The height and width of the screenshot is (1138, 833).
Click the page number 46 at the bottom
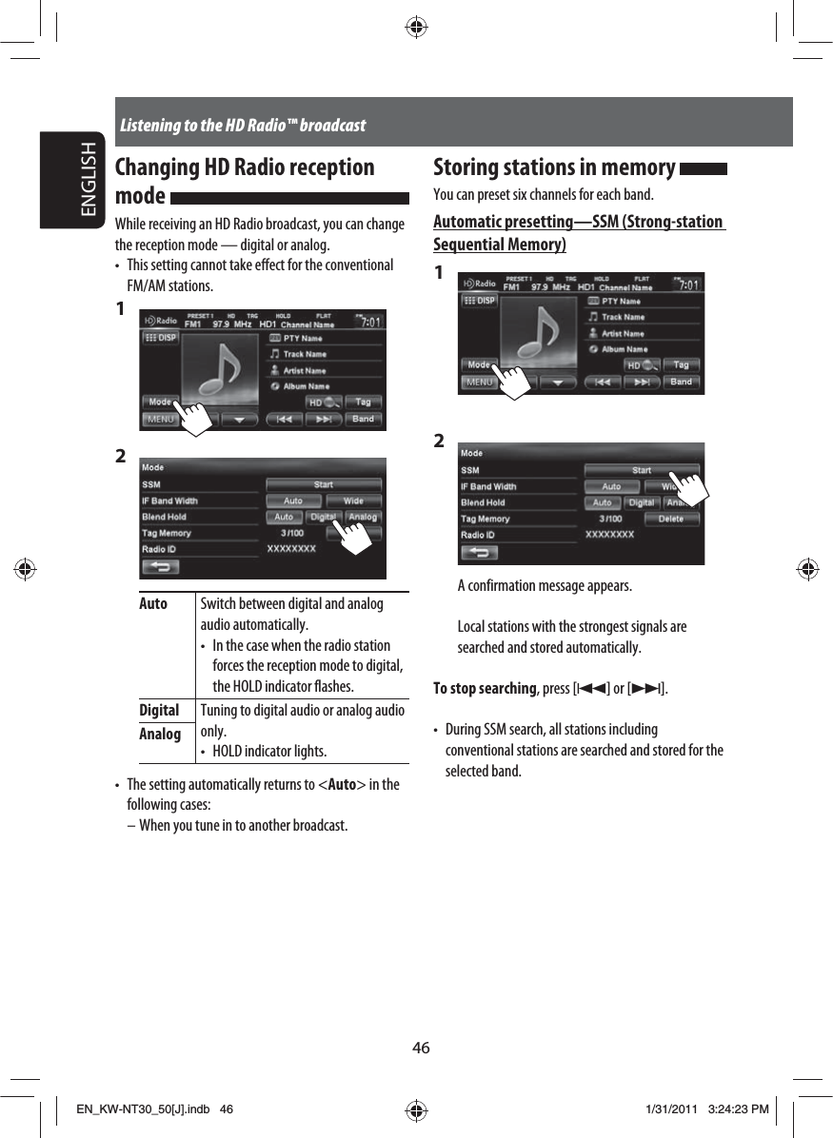[x=421, y=1048]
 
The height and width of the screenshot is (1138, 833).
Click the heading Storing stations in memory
[x=554, y=168]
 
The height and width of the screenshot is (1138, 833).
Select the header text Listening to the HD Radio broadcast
[x=243, y=126]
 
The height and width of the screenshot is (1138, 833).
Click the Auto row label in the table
[x=153, y=604]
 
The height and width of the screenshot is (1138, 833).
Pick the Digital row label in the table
[x=159, y=711]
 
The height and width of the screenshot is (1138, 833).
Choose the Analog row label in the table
[x=159, y=734]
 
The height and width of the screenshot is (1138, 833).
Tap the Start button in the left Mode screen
[x=324, y=484]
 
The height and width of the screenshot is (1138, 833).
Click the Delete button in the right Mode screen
[x=671, y=519]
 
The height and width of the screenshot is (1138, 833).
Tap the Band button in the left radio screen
[x=363, y=419]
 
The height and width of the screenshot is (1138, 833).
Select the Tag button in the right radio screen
[x=681, y=365]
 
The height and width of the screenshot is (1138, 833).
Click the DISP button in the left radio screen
[x=161, y=337]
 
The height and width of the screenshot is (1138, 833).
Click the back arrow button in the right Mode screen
[x=483, y=552]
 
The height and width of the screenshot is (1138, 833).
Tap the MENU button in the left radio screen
[x=160, y=419]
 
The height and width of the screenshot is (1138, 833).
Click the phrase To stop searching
[x=485, y=688]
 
